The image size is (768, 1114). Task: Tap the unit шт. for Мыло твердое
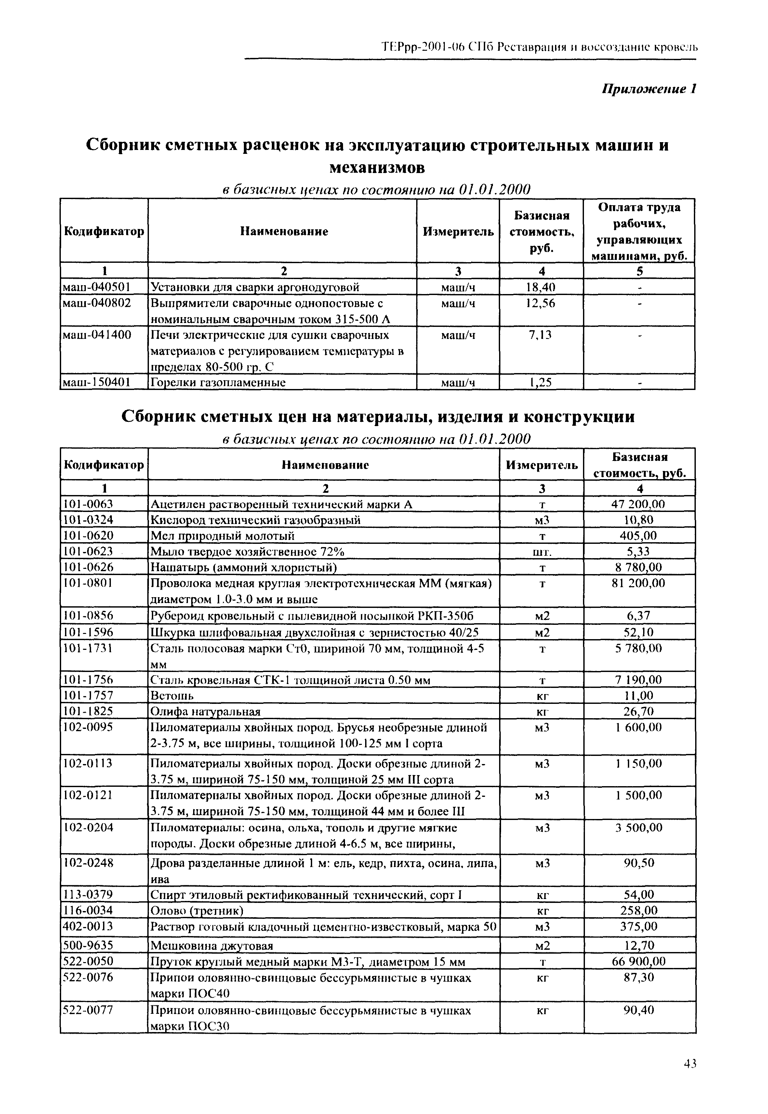(x=542, y=552)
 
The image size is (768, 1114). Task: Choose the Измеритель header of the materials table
(x=541, y=465)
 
